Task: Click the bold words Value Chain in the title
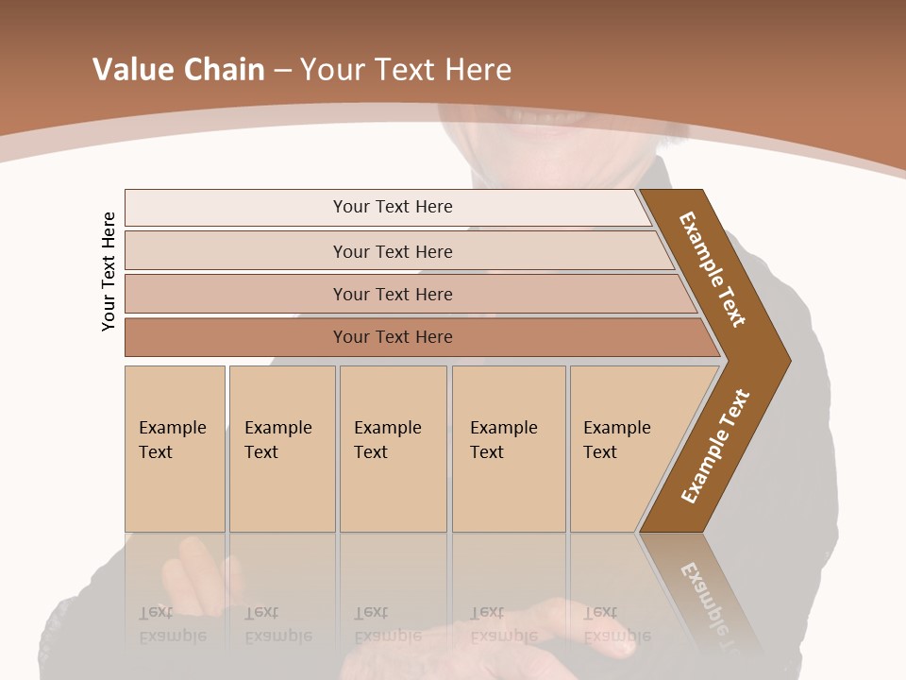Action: click(178, 69)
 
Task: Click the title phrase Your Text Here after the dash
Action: click(406, 69)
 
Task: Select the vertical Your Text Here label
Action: click(109, 271)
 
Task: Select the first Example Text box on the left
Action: click(175, 449)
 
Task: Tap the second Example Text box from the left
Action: click(281, 449)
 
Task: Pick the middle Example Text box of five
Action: click(393, 449)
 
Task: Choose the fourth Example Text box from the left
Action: click(508, 449)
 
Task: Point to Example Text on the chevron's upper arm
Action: click(713, 269)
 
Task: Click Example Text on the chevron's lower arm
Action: click(715, 447)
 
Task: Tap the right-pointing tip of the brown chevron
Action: click(783, 361)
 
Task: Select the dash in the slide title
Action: click(282, 70)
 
